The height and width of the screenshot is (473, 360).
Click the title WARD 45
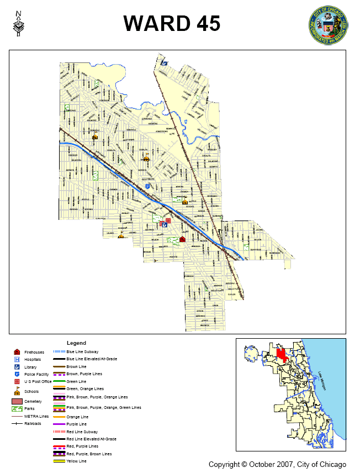tap(172, 23)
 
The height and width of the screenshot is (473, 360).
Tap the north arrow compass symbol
tap(20, 24)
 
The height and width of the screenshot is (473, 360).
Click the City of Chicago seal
tap(329, 25)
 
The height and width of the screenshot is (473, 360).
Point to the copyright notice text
tap(277, 464)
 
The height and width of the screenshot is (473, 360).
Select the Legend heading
tap(76, 343)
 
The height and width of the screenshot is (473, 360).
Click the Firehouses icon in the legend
tap(17, 351)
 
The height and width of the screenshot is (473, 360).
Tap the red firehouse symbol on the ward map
tap(182, 239)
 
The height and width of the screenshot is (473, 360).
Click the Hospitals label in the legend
tap(33, 359)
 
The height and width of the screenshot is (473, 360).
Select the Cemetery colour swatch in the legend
tap(17, 401)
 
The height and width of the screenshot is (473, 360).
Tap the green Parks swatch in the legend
tap(17, 409)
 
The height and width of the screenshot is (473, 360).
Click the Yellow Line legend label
tap(76, 461)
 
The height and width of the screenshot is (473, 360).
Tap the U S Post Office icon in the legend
tap(17, 382)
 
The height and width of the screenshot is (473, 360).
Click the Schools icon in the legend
tap(17, 391)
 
